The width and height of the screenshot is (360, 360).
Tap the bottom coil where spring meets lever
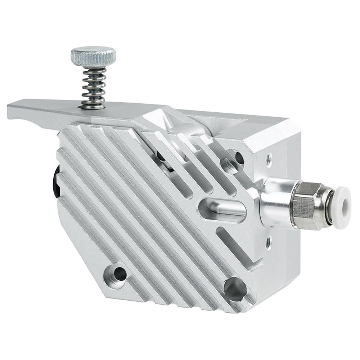pyautogui.click(x=93, y=104)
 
